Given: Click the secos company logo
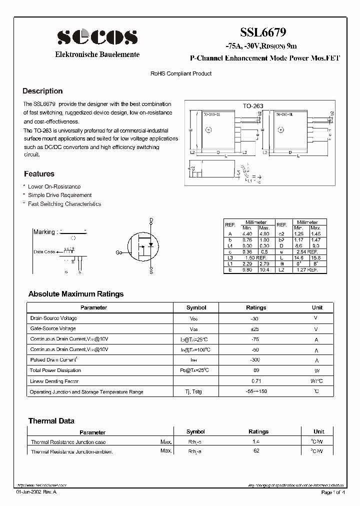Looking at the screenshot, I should [x=97, y=36].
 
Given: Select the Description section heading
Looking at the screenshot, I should [x=42, y=91].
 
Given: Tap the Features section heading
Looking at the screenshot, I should [x=39, y=174].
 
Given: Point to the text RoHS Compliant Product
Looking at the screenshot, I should [x=181, y=73].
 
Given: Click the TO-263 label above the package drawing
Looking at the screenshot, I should [x=253, y=106].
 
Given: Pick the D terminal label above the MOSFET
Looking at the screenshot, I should [x=151, y=219].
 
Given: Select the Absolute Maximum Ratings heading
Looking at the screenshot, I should [x=76, y=294].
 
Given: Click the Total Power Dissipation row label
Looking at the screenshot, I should [x=55, y=370].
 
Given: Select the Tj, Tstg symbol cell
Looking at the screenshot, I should [x=194, y=391].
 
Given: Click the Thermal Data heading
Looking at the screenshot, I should [x=51, y=421].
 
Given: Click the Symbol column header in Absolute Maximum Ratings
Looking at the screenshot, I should [x=196, y=307].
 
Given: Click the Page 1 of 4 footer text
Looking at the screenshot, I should [x=332, y=492].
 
